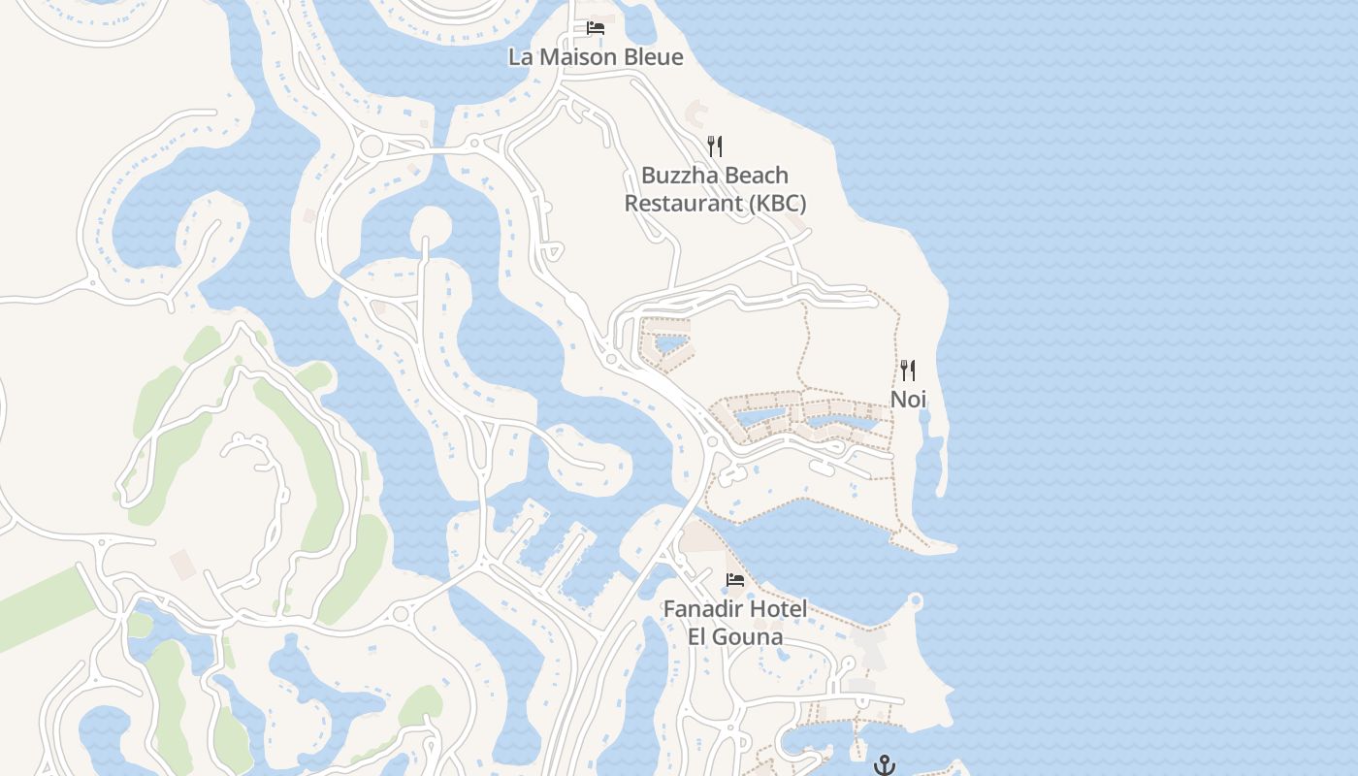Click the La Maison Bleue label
pos(596,57)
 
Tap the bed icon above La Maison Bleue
pos(596,28)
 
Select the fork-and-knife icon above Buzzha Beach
pos(715,146)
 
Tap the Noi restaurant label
pos(908,400)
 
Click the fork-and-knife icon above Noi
pos(908,371)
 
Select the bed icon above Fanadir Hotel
pos(735,580)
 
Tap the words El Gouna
pos(735,637)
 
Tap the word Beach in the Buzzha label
pos(756,177)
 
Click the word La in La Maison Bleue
pos(521,57)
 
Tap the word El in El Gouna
pos(698,637)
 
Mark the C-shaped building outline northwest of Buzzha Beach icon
pos(697,113)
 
